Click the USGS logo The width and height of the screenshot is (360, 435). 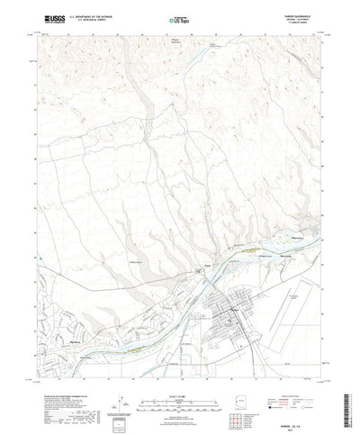[x=45, y=17]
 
